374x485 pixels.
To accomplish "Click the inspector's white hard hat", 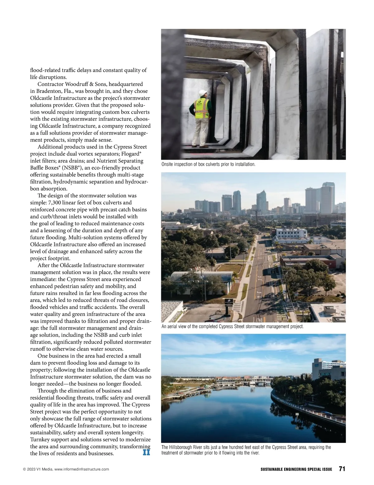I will (203, 92).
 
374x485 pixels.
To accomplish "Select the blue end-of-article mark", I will (146, 452).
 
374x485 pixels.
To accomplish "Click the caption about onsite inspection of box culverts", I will (208, 164).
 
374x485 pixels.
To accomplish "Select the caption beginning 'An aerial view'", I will (232, 327).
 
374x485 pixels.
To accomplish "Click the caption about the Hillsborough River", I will (246, 450).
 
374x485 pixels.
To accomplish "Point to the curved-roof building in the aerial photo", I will (201, 277).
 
